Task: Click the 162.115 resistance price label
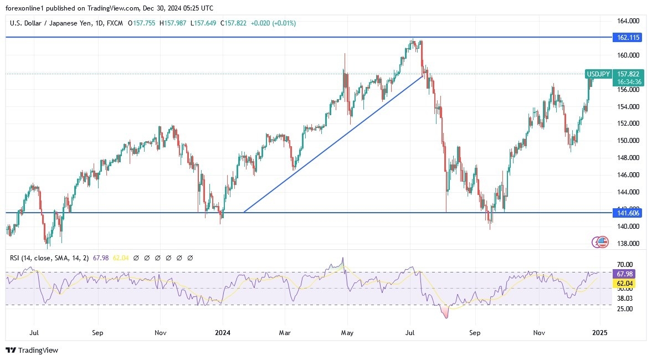pos(627,38)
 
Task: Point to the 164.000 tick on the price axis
pos(629,21)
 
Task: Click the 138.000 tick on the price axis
pos(629,244)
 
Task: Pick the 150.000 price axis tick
pos(629,141)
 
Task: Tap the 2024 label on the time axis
pos(222,333)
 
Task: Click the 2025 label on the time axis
pos(599,333)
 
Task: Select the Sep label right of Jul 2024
pos(474,333)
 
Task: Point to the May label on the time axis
pos(347,333)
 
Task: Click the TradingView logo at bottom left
pos(32,350)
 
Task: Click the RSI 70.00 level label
pos(625,265)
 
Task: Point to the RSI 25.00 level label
pos(625,308)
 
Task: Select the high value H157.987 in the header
pos(173,23)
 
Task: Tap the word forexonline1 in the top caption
pos(24,8)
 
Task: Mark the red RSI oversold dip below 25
pos(445,313)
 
